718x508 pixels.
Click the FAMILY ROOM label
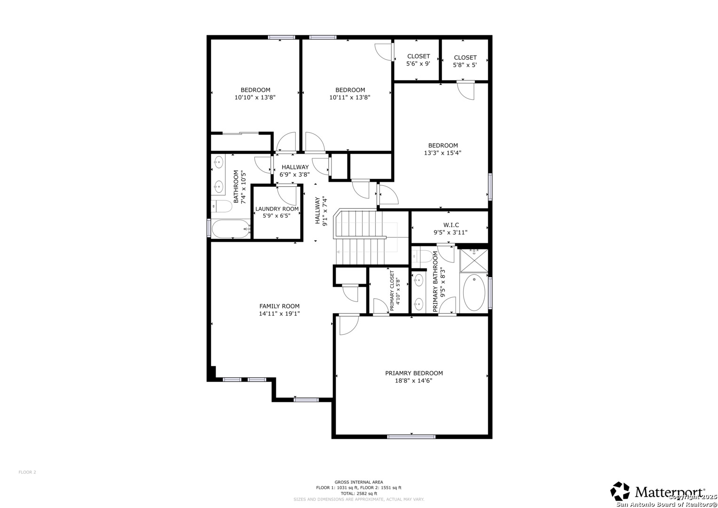coord(279,306)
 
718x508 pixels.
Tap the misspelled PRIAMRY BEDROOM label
coord(414,373)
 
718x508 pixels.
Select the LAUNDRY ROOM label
coord(277,209)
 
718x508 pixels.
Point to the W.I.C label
coord(450,225)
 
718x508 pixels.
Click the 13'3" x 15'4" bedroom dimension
coord(442,153)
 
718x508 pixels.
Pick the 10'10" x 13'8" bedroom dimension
coord(255,97)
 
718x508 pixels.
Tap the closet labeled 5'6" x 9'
coord(418,60)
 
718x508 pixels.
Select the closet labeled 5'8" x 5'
coord(465,61)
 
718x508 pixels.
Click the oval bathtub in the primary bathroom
coord(474,293)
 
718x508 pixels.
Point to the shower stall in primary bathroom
coord(474,261)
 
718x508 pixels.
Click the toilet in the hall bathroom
coord(222,206)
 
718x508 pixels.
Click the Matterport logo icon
coord(620,491)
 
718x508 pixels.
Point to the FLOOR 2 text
coord(27,472)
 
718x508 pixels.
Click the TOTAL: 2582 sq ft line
coord(358,493)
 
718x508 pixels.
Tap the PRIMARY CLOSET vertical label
coord(392,291)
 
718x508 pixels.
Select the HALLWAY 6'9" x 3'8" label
coord(295,171)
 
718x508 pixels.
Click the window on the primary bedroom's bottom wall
coord(411,437)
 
